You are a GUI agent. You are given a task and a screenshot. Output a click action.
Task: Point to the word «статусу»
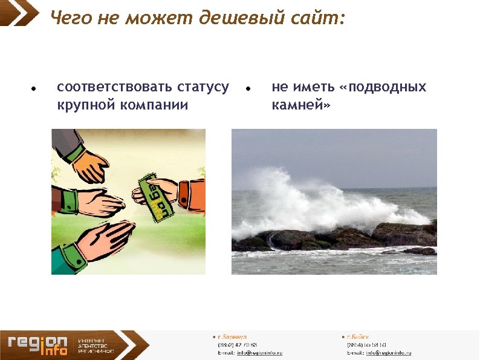coord(199,88)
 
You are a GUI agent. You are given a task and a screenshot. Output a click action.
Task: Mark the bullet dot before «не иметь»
coord(248,88)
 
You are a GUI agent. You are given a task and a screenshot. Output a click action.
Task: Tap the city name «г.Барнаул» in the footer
coord(230,336)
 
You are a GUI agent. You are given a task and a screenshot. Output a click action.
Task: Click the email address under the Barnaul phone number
coord(259,352)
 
